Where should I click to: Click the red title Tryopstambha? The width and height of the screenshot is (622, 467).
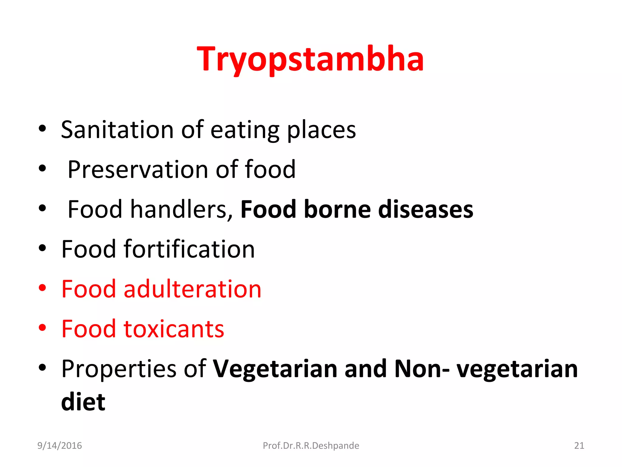[310, 59]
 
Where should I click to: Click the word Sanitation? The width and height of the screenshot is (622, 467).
[117, 130]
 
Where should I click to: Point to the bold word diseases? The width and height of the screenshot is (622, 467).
[425, 210]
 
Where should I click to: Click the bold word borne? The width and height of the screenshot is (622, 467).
[337, 210]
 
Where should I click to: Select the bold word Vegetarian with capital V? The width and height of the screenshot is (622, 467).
[275, 369]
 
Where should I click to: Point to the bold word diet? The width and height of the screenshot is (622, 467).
[83, 402]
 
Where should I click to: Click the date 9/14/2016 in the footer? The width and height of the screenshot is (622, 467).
[60, 446]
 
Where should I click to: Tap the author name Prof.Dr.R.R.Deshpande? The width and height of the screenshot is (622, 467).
[311, 446]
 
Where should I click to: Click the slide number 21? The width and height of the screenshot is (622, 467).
[579, 446]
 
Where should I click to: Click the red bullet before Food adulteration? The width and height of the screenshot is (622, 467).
[42, 288]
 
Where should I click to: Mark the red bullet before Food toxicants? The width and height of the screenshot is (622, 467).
[42, 328]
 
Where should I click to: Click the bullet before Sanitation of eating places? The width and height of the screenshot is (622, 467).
[42, 129]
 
